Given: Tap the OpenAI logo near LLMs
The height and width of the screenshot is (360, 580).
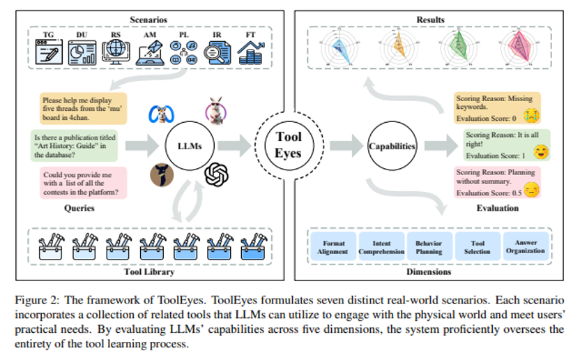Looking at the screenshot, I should point(217,174).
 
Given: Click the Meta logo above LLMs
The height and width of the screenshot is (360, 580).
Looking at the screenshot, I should point(162,114).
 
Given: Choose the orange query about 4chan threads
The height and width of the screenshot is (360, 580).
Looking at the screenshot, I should point(84,111).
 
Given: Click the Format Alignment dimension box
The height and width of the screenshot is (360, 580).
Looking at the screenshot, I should point(333,248).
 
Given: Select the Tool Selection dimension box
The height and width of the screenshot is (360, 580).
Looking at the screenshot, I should point(476,248).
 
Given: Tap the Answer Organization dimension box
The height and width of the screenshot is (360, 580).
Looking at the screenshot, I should point(526,248).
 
